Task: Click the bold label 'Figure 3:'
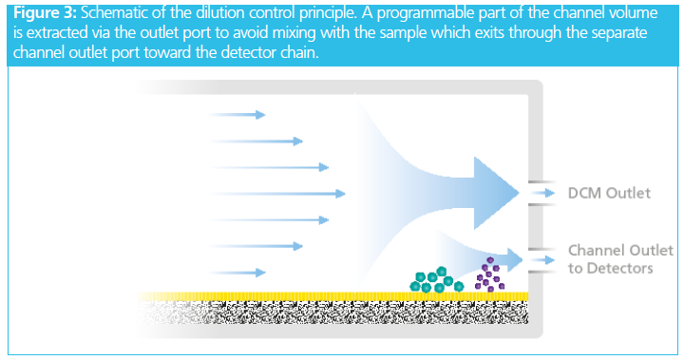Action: [x=45, y=13]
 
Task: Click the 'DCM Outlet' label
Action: [x=609, y=193]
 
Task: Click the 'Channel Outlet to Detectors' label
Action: [x=620, y=259]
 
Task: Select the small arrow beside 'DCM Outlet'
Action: [x=543, y=193]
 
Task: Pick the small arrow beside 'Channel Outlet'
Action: [x=543, y=260]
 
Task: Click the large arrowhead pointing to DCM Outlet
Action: [x=495, y=193]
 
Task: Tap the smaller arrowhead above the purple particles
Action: [x=514, y=259]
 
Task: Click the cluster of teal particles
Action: [x=436, y=280]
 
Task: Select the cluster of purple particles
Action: [x=489, y=275]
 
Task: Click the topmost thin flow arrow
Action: [x=237, y=115]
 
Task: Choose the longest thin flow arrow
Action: [x=277, y=194]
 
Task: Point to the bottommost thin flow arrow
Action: [x=237, y=273]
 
